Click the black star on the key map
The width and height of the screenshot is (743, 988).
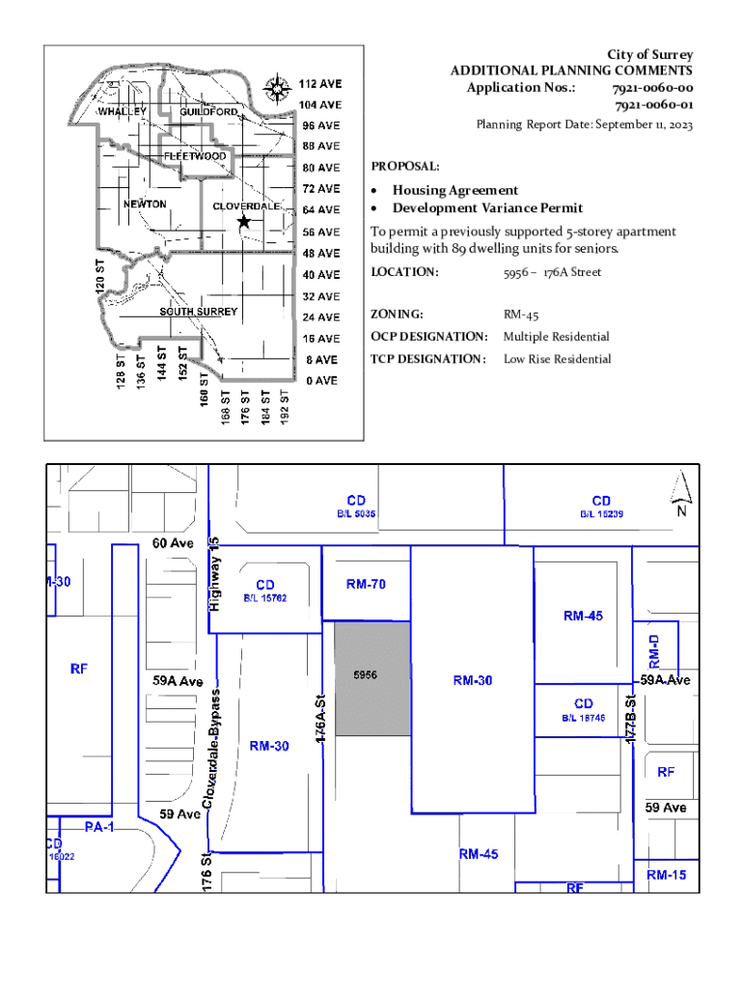244,222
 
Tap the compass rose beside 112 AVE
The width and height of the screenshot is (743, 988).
279,89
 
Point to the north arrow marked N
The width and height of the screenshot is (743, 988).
680,494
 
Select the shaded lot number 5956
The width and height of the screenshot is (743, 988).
365,675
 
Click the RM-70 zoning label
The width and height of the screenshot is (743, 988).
367,584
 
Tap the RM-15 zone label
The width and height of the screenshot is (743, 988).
667,875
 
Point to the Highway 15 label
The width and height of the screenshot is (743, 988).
216,573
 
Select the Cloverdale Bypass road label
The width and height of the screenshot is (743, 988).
215,749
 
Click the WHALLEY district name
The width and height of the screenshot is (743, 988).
124,112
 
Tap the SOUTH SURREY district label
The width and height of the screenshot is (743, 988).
198,312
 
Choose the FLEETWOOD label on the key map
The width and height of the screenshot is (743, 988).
195,156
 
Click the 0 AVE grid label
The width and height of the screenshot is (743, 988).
321,380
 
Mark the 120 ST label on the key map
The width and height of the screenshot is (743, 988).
98,277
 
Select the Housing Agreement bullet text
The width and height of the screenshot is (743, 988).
454,190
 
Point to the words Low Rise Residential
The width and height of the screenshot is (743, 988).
557,359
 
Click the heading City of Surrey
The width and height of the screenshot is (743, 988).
649,55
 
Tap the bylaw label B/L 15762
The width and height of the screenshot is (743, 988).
264,598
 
